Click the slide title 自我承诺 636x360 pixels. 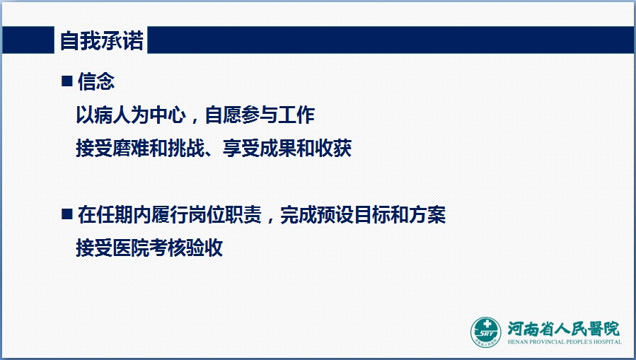click(102, 40)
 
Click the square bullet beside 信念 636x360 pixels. click(67, 81)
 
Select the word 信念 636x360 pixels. click(96, 81)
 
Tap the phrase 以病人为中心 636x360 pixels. click(131, 115)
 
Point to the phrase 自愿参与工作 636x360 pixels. click(260, 115)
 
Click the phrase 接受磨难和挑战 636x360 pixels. click(140, 149)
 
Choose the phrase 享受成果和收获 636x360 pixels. click(287, 149)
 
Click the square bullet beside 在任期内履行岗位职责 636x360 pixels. click(67, 214)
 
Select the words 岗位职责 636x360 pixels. click(225, 214)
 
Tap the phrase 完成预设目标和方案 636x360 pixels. click(363, 214)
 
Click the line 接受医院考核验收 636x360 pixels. click(150, 248)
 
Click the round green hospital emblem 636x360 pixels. click(485, 332)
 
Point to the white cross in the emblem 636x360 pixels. click(487, 325)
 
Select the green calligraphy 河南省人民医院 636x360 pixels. click(564, 328)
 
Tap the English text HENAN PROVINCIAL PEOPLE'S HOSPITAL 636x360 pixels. click(565, 342)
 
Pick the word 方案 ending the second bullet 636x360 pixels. click(427, 214)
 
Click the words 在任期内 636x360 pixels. click(115, 214)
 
